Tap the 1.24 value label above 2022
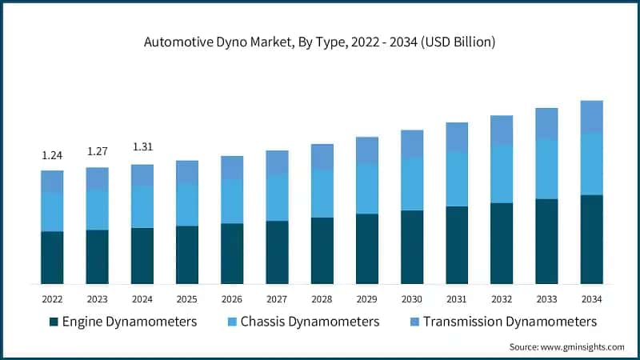pos(52,154)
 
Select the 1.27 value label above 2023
pos(97,151)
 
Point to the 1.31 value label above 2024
pos(142,147)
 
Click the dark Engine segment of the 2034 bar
pos(591,239)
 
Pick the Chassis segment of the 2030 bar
pos(412,184)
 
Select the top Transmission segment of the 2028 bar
pos(322,157)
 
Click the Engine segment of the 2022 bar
pos(52,258)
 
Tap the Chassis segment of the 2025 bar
pos(186,205)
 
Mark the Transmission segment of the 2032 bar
pos(502,130)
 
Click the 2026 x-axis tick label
pos(232,298)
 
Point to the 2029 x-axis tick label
pos(366,298)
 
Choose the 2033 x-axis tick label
pos(546,298)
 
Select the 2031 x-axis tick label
pos(457,298)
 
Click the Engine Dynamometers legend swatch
pos(54,322)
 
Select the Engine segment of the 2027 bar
pos(277,252)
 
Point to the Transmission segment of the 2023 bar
pos(97,178)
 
